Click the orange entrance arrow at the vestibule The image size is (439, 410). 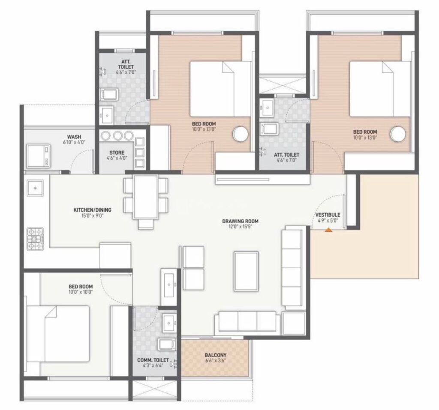click(328, 230)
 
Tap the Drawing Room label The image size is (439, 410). click(240, 221)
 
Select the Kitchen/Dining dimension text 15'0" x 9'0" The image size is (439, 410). click(93, 215)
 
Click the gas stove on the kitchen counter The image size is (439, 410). click(35, 239)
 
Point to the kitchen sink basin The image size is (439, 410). click(35, 188)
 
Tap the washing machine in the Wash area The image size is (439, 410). click(39, 156)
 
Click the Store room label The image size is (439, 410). click(117, 153)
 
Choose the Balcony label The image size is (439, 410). click(215, 355)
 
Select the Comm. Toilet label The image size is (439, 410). click(153, 360)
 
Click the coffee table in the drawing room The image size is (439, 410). click(247, 272)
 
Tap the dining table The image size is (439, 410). click(146, 197)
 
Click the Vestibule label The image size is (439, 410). click(328, 215)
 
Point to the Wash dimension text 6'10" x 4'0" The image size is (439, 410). click(74, 142)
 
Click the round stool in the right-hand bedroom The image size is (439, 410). click(398, 134)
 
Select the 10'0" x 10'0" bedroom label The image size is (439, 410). click(81, 292)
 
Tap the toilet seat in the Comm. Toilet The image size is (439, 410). click(167, 344)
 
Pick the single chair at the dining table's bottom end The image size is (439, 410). click(146, 224)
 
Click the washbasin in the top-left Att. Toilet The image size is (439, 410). click(107, 115)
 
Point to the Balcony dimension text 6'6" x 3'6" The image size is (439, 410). click(215, 360)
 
